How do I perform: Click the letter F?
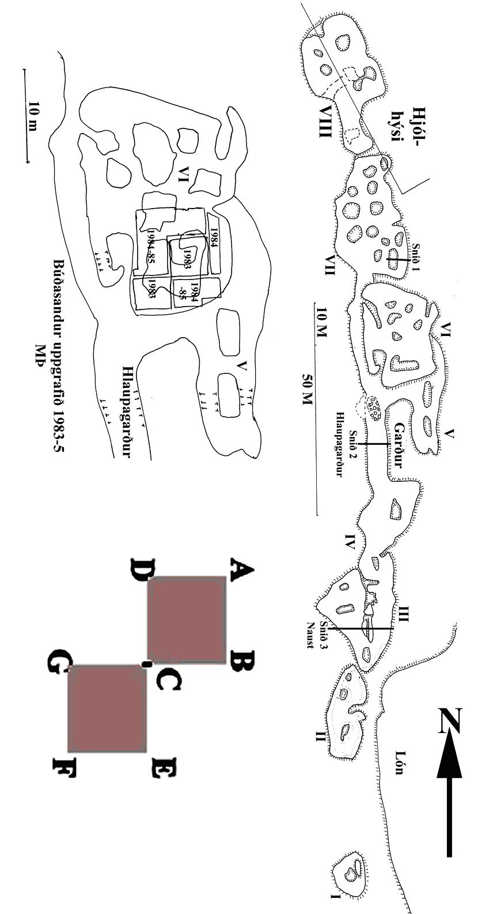coord(65,766)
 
